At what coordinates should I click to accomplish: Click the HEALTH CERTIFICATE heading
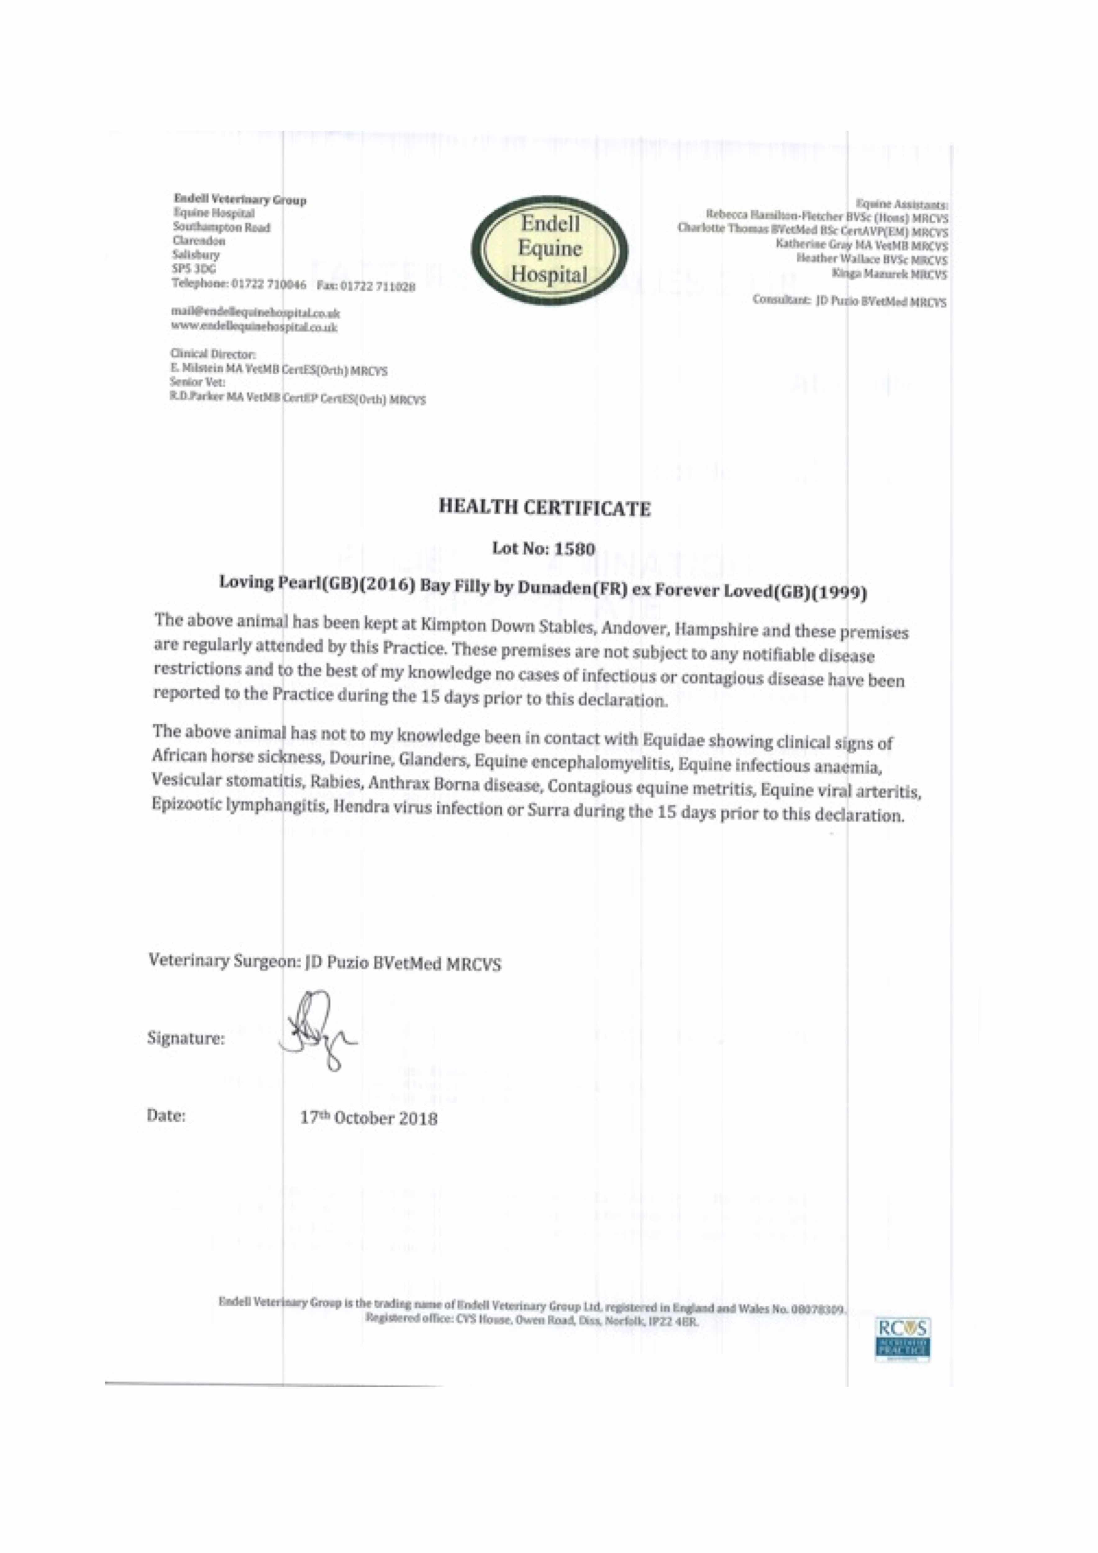pos(544,508)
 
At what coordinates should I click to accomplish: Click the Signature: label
pos(186,1038)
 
